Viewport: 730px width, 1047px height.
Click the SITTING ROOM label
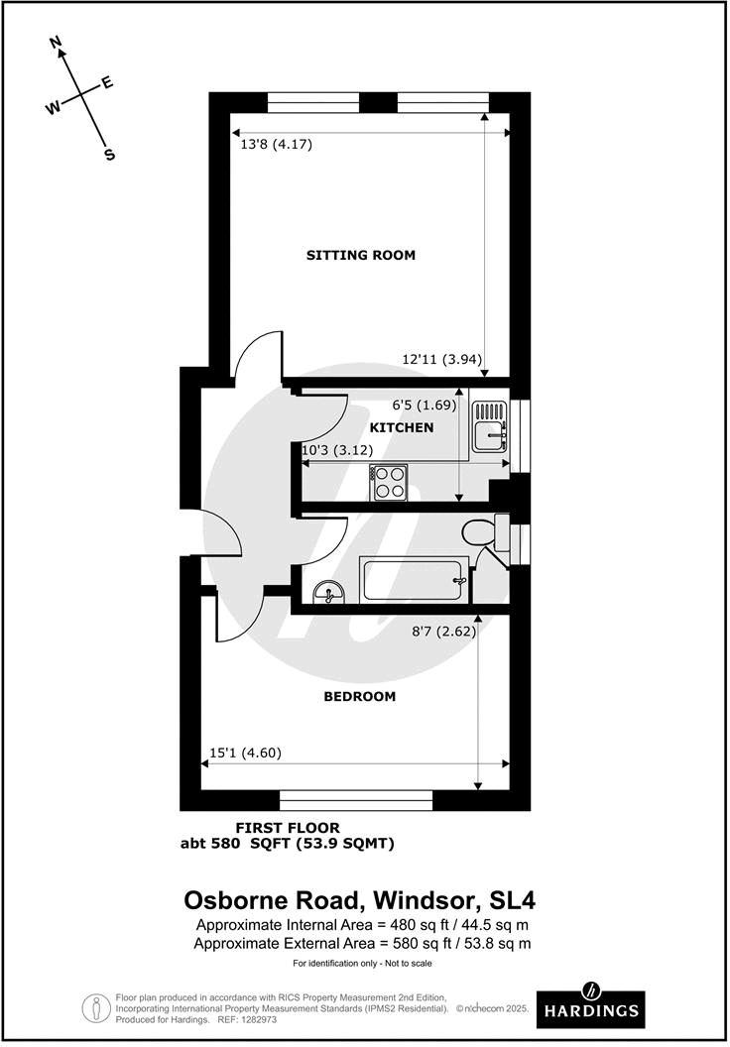tap(360, 255)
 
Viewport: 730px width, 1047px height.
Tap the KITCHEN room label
tap(401, 427)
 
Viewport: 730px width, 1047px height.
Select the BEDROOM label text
tap(359, 696)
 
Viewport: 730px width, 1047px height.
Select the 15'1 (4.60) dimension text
tap(246, 753)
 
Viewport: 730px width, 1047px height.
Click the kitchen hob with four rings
tap(388, 483)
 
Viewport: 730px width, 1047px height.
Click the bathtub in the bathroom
tap(414, 580)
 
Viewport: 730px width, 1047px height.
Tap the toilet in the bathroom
tap(486, 532)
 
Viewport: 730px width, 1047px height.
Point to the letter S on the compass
tap(109, 154)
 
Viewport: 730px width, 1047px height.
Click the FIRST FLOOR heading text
tap(287, 827)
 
